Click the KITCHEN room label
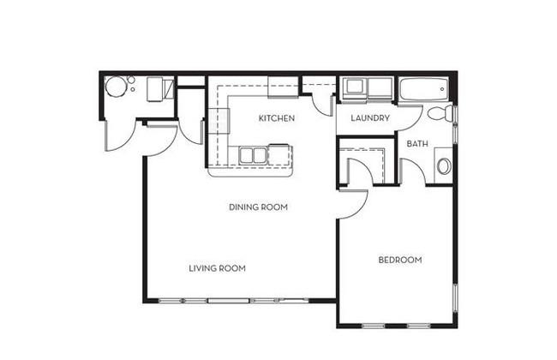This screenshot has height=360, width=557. click(x=277, y=118)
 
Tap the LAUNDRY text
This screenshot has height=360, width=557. click(x=370, y=118)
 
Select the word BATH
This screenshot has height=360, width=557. click(x=417, y=144)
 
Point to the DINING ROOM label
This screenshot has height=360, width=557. click(x=258, y=207)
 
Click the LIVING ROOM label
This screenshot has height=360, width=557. click(x=217, y=268)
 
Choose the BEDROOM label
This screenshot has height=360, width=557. click(x=400, y=260)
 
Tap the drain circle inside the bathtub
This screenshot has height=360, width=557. click(x=442, y=89)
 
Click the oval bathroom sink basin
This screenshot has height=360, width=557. click(x=444, y=166)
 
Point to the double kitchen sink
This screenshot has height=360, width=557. click(x=253, y=155)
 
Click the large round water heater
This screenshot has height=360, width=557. click(x=116, y=87)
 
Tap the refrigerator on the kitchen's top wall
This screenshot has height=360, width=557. click(x=283, y=87)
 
